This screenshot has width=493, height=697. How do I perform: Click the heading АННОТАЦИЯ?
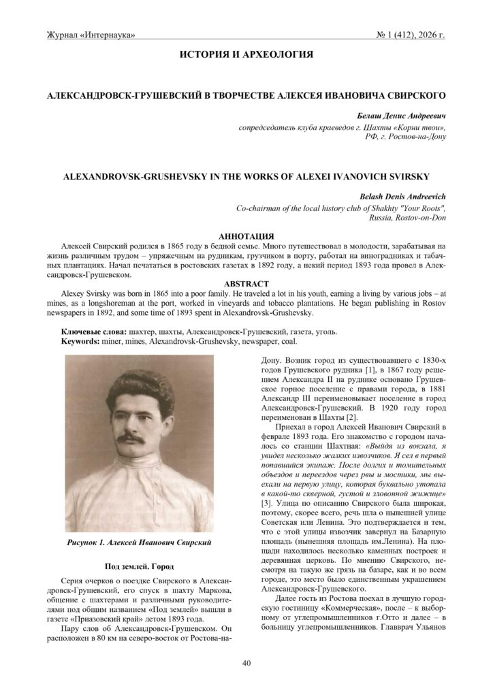coord(246,235)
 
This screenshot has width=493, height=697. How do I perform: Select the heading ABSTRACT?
coord(246,283)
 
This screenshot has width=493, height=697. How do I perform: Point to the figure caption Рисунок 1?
coord(109,542)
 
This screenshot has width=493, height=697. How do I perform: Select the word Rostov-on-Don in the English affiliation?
coord(418,218)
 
